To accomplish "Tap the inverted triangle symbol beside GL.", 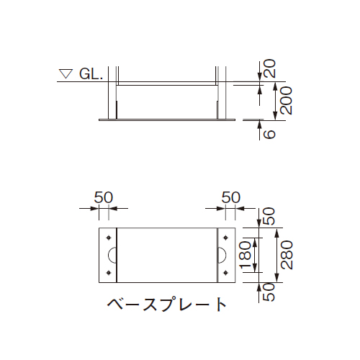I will click(x=67, y=73).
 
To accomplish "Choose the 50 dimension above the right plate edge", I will click(x=230, y=197).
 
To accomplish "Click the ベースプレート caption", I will click(x=166, y=305).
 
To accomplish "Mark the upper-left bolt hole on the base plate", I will click(x=109, y=238).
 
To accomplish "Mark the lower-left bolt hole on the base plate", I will click(x=109, y=271).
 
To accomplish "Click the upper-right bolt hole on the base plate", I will click(x=227, y=238).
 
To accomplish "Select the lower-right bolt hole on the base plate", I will click(x=227, y=271).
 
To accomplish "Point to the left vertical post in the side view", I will click(x=114, y=94).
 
